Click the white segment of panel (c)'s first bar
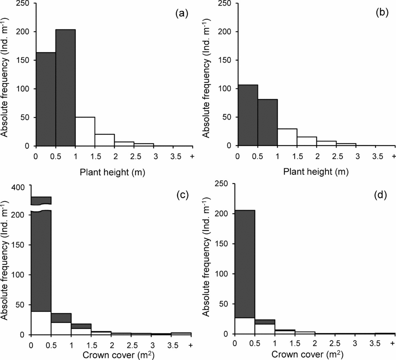tap(41, 323)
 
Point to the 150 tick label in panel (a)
tap(25, 60)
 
